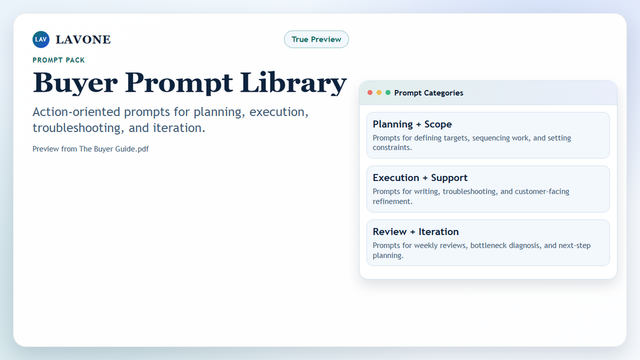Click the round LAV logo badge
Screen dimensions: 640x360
click(41, 39)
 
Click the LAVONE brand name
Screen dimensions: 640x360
click(83, 40)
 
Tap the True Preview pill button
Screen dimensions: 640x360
click(316, 39)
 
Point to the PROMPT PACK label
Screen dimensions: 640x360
click(59, 60)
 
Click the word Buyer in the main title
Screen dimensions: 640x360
click(75, 83)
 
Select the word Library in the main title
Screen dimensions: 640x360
click(294, 83)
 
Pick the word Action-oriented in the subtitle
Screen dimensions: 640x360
click(76, 112)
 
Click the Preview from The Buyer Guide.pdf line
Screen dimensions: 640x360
click(90, 149)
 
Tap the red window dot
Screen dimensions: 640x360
click(370, 92)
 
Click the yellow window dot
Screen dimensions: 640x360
click(379, 92)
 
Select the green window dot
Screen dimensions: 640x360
click(388, 92)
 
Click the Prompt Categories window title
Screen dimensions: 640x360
click(429, 93)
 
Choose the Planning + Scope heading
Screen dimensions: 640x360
click(412, 124)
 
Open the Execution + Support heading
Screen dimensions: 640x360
click(420, 178)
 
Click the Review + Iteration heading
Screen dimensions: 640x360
click(415, 232)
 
